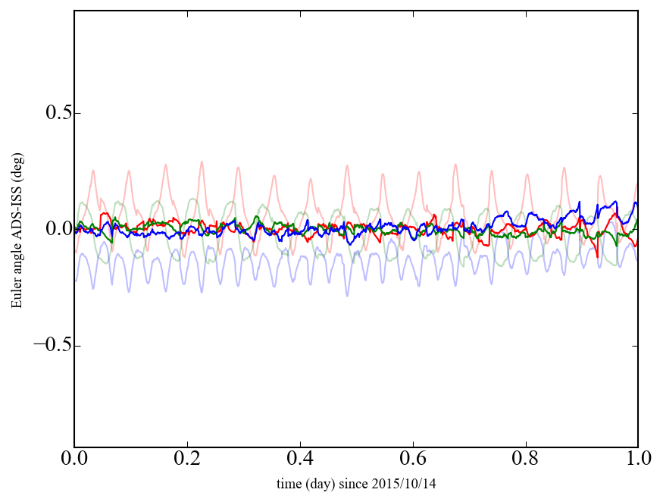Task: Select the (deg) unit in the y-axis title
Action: point(17,186)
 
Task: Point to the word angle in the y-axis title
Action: point(17,265)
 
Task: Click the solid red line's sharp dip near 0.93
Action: point(597,256)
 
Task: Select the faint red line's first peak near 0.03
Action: point(93,171)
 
